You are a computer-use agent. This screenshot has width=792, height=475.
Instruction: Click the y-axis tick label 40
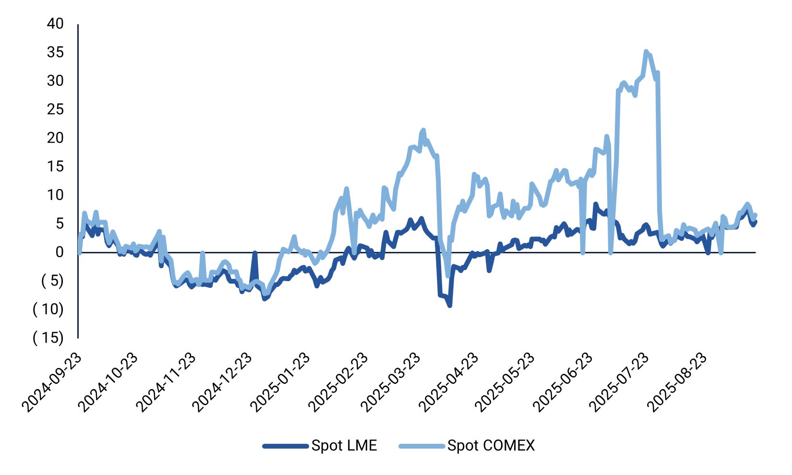click(55, 24)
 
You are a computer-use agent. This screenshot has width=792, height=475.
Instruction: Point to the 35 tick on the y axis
click(55, 52)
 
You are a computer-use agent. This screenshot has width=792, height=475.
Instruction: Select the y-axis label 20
click(55, 138)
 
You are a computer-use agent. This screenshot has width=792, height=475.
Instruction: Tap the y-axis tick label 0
click(59, 252)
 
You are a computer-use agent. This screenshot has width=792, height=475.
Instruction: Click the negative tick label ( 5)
click(52, 281)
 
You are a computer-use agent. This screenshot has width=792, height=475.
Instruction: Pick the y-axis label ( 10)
click(48, 309)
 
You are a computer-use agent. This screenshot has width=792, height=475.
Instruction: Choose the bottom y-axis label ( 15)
click(48, 338)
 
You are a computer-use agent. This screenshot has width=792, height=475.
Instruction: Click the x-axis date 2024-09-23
click(52, 383)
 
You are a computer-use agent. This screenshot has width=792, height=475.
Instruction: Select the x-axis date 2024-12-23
click(222, 383)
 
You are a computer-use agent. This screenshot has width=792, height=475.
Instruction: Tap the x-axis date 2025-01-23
click(280, 383)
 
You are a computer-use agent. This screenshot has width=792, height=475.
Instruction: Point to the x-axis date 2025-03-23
click(390, 383)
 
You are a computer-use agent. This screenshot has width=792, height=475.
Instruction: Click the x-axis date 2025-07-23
click(619, 383)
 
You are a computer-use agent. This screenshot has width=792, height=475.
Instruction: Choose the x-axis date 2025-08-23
click(676, 383)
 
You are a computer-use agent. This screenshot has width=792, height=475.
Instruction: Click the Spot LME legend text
click(344, 446)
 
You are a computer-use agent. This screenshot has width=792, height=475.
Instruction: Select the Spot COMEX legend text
click(491, 446)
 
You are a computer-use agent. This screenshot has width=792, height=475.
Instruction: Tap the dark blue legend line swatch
click(285, 446)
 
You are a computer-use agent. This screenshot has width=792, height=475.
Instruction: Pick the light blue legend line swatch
click(421, 446)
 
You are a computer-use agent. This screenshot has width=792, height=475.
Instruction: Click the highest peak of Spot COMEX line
click(646, 51)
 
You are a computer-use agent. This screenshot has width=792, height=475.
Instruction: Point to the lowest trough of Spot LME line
click(450, 305)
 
